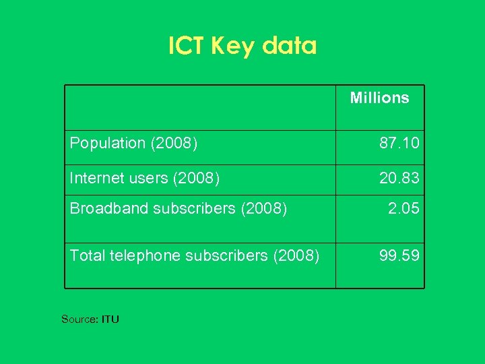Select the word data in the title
pos(289,46)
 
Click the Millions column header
pos(379,98)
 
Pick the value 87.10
pos(399,143)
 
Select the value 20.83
pos(399,178)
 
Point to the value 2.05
pos(403,209)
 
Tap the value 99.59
pos(399,255)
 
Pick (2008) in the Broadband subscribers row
pos(264,209)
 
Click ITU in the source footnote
pos(110,319)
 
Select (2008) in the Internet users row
pos(197,178)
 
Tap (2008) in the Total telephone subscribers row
pos(296,255)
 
